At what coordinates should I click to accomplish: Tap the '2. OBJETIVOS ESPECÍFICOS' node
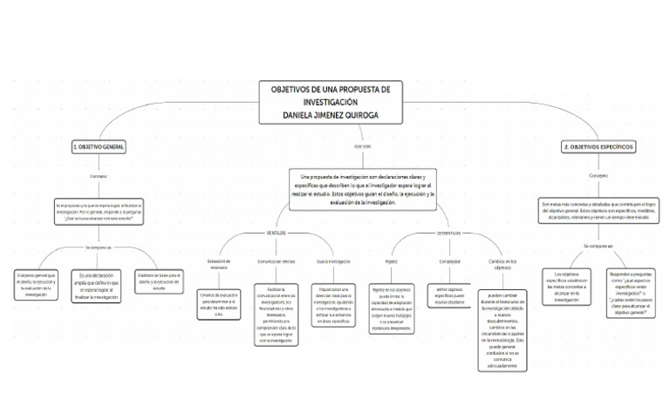pyautogui.click(x=598, y=148)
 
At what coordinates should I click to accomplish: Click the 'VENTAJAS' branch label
pyautogui.click(x=276, y=233)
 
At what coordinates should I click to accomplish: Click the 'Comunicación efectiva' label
pyautogui.click(x=276, y=261)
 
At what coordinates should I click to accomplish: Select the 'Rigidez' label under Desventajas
pyautogui.click(x=391, y=261)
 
